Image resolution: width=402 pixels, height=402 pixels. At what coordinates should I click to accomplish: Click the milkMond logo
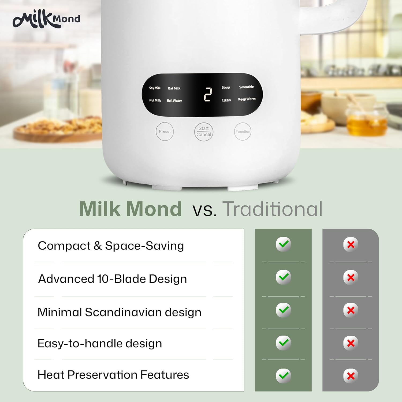pyautogui.click(x=46, y=19)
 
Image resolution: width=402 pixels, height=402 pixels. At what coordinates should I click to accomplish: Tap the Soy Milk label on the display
pyautogui.click(x=155, y=88)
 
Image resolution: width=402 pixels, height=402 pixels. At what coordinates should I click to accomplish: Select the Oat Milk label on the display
pyautogui.click(x=174, y=88)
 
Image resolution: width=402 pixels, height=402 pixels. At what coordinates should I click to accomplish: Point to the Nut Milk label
pyautogui.click(x=155, y=100)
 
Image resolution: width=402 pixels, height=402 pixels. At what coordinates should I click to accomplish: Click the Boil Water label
pyautogui.click(x=174, y=100)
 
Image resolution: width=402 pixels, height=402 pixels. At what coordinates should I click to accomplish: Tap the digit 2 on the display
pyautogui.click(x=208, y=94)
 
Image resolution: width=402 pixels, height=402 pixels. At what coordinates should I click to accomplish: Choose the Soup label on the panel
pyautogui.click(x=226, y=87)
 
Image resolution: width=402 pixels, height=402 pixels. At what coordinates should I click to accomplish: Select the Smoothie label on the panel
pyautogui.click(x=246, y=87)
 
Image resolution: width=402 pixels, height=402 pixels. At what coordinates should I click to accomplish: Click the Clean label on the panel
pyautogui.click(x=226, y=100)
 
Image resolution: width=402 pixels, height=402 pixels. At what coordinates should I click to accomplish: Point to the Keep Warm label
pyautogui.click(x=247, y=99)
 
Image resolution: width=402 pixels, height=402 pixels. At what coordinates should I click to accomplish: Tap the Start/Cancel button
pyautogui.click(x=204, y=132)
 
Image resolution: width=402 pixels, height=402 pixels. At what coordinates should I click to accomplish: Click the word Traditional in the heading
pyautogui.click(x=273, y=209)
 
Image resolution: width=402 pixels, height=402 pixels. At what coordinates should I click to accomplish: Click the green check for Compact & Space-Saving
pyautogui.click(x=283, y=244)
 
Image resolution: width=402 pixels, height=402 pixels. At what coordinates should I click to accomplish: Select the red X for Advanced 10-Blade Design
pyautogui.click(x=351, y=277)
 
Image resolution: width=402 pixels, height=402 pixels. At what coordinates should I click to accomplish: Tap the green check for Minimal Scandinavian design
pyautogui.click(x=283, y=310)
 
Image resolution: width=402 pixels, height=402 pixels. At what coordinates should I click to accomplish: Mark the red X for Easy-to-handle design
pyautogui.click(x=351, y=343)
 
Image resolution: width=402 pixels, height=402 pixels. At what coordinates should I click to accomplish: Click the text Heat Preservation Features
pyautogui.click(x=113, y=375)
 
